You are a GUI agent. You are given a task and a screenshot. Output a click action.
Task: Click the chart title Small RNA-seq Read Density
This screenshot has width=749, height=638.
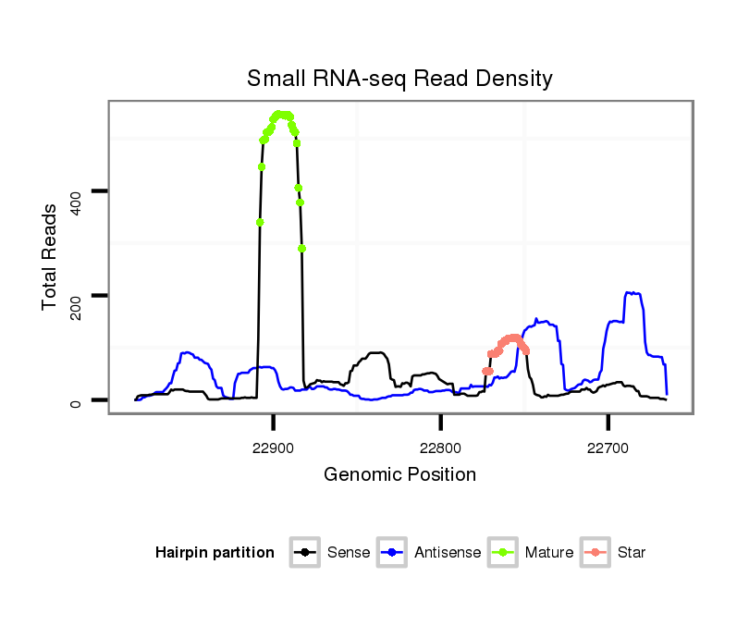point(399,79)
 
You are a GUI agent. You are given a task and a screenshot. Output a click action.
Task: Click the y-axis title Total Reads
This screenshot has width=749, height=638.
point(51,256)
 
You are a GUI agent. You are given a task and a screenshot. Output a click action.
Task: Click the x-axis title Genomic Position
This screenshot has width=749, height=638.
point(399,475)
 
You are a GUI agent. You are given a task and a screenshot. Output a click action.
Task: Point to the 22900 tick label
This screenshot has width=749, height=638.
point(273,448)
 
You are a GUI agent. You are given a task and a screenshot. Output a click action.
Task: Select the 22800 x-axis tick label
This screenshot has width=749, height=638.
point(440,448)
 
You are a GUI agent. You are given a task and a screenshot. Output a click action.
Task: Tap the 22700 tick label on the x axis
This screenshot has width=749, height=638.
point(608,448)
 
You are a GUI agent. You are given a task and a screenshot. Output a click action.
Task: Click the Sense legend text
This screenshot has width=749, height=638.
point(349,553)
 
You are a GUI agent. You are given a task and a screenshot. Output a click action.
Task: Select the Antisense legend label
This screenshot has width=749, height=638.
point(448,553)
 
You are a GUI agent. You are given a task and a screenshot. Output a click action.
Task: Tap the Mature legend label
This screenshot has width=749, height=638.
point(549,553)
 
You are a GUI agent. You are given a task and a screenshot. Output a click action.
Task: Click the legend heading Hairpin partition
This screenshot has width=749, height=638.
point(215,553)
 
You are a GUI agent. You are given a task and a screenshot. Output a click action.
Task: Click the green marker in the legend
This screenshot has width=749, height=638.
point(505,553)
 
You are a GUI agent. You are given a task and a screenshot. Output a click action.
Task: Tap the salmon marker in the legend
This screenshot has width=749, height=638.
point(597,553)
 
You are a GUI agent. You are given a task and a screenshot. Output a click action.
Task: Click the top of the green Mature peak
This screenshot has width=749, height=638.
point(282,114)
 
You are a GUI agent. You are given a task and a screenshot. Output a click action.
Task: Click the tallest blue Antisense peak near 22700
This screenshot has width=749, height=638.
point(633,293)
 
